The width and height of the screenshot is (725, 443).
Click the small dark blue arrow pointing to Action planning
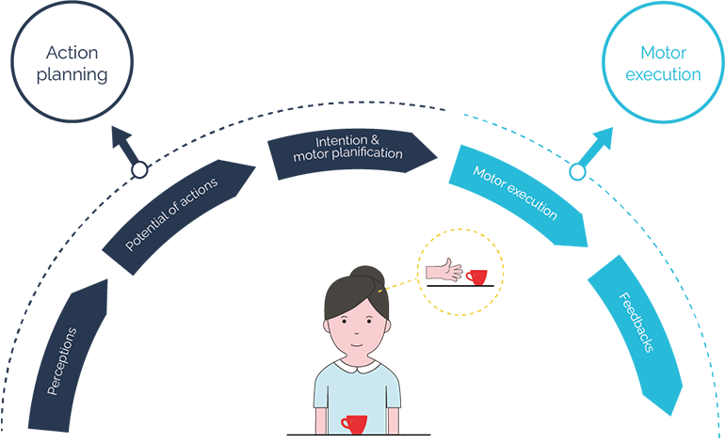tap(125, 146)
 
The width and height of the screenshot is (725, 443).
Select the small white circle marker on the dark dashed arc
tap(139, 170)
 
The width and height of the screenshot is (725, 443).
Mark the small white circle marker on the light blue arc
tap(577, 172)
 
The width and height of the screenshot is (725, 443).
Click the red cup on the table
tap(354, 424)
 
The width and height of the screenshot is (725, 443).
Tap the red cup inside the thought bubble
tap(476, 277)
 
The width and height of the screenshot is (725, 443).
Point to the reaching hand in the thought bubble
tap(443, 270)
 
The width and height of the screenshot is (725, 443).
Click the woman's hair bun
tap(367, 277)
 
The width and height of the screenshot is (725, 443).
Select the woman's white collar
tap(357, 368)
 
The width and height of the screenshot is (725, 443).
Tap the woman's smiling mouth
tap(356, 345)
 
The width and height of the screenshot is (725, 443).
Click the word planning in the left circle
tap(72, 75)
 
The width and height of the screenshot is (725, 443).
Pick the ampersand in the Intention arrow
tap(374, 139)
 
